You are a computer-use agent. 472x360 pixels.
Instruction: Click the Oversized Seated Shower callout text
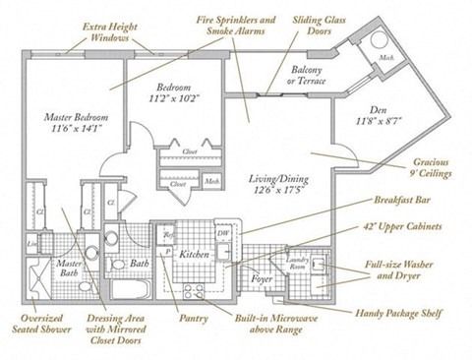pyautogui.click(x=33, y=328)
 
